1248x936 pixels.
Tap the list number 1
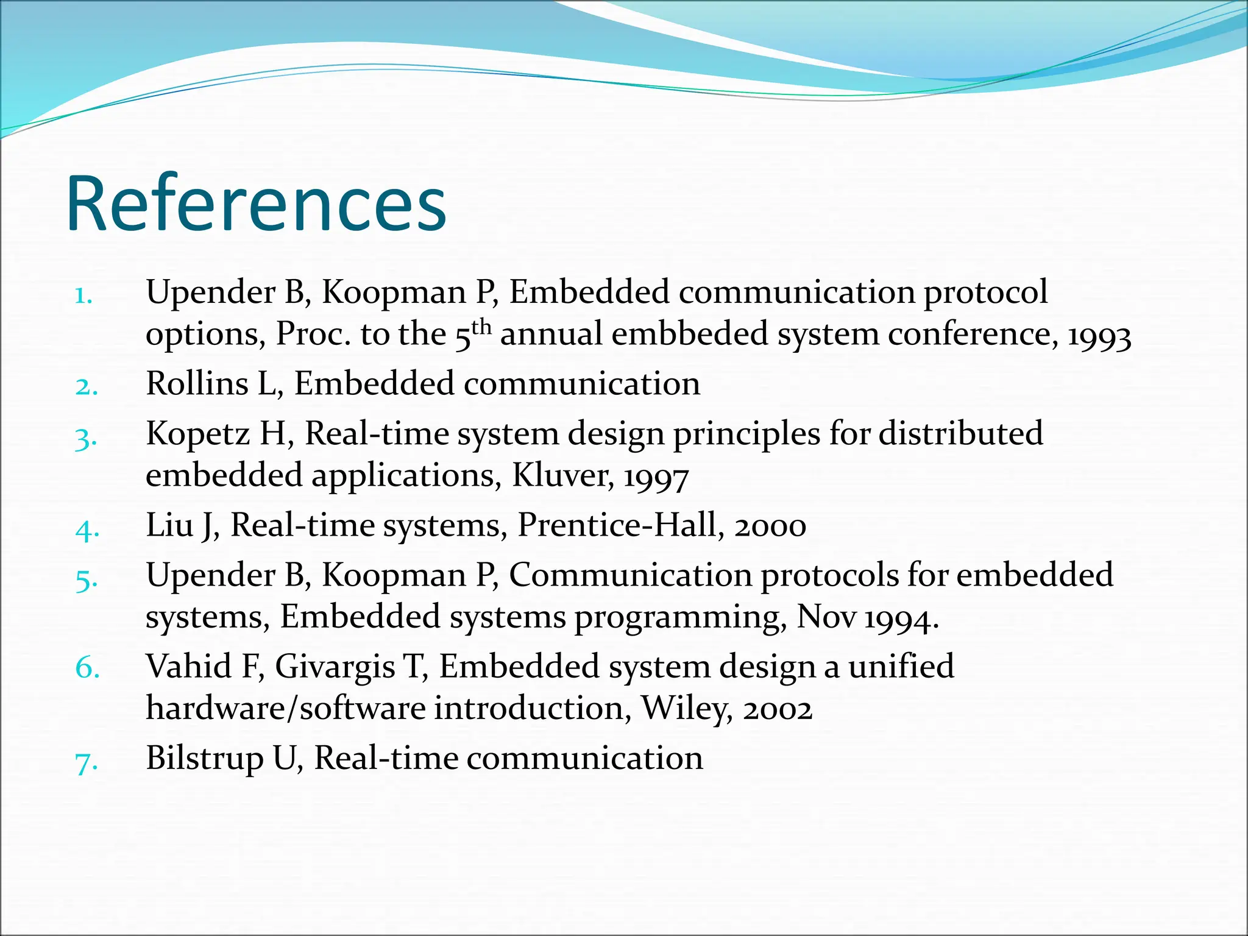(83, 297)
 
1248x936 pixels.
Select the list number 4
(87, 529)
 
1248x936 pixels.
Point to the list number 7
(86, 762)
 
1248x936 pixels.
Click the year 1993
(1099, 336)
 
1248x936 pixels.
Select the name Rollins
(197, 384)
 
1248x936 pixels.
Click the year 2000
(770, 527)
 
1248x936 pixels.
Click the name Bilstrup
(204, 759)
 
